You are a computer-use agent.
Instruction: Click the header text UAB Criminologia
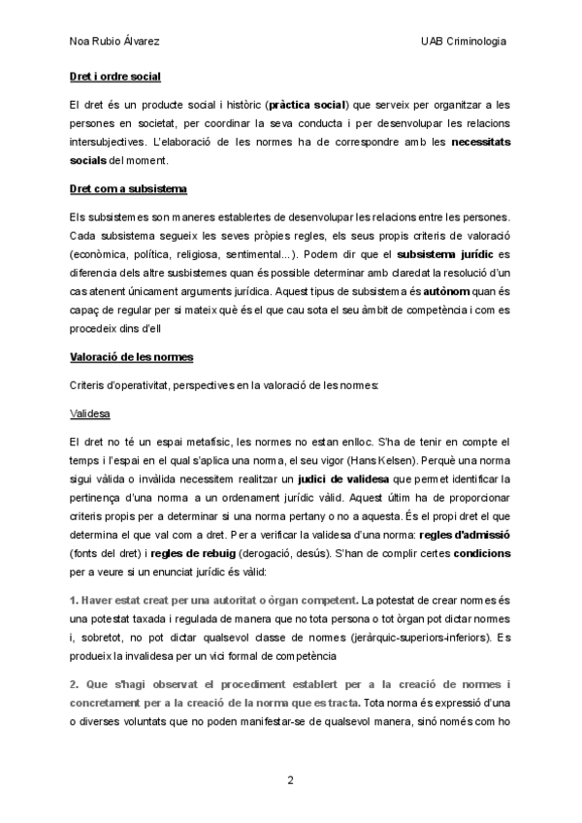(x=464, y=42)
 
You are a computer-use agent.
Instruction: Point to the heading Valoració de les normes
(x=131, y=358)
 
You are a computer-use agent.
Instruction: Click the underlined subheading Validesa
(x=90, y=412)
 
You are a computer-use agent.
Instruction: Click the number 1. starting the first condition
(x=75, y=602)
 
